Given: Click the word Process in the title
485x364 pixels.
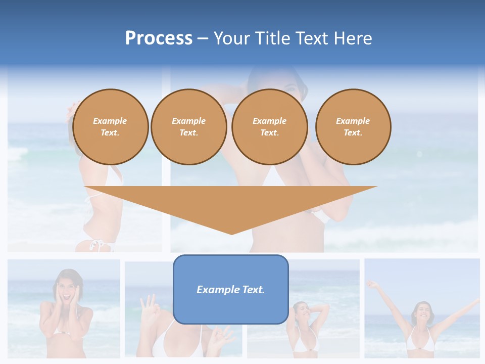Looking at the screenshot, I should [x=159, y=38].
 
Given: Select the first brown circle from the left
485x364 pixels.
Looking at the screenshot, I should [x=111, y=127].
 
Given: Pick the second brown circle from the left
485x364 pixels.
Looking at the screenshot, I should [x=189, y=127].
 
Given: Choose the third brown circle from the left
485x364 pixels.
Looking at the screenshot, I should [x=270, y=127].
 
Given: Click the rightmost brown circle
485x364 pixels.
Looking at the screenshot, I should [x=353, y=127].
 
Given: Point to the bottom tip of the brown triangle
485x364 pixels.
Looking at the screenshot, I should [x=231, y=234].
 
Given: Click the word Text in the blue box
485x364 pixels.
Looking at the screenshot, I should [x=254, y=290].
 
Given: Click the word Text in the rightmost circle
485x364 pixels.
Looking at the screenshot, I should [x=353, y=133].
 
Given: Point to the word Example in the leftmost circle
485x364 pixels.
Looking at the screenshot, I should [x=110, y=121].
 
